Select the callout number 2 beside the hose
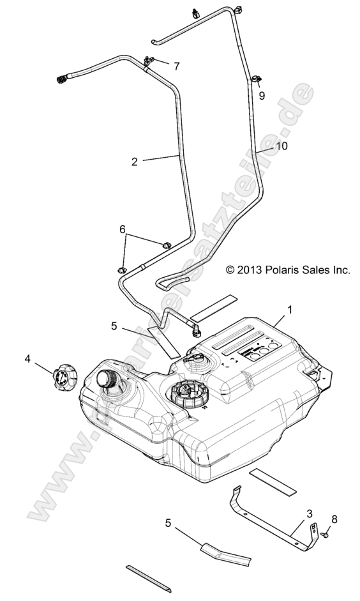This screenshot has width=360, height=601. [134, 162]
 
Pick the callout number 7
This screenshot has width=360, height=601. [176, 66]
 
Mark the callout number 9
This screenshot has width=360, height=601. [262, 95]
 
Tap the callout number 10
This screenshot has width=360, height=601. [282, 146]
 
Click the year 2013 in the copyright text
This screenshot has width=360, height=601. [246, 270]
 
